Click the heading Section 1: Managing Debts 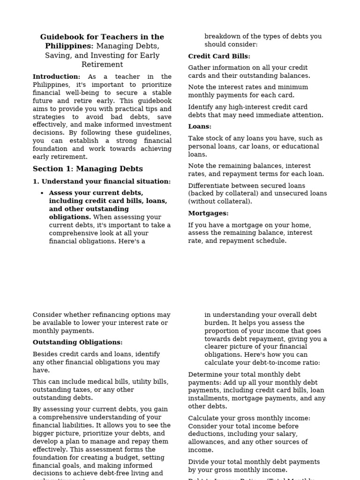(88, 169)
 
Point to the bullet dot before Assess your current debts (42, 193)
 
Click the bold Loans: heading (200, 127)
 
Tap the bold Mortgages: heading (208, 213)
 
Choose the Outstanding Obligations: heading (77, 343)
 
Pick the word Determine (205, 375)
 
